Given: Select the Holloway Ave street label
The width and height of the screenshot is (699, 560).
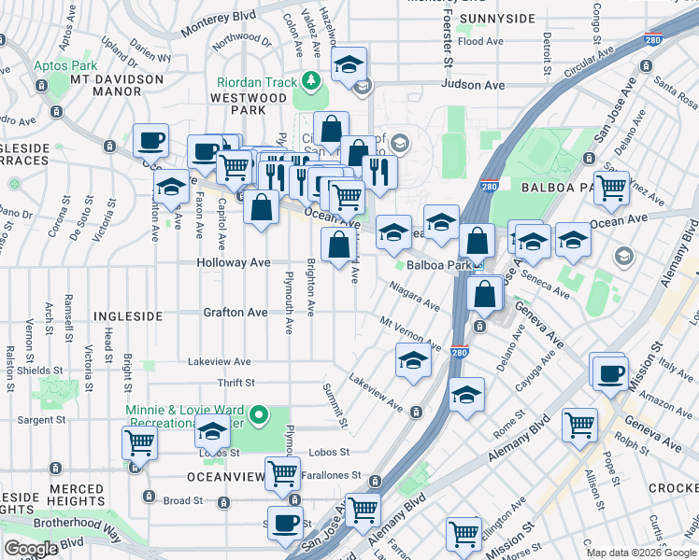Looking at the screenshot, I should (x=234, y=263).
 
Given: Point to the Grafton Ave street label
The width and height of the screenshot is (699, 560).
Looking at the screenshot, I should (x=235, y=313).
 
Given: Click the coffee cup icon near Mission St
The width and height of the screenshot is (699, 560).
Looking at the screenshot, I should (x=610, y=373).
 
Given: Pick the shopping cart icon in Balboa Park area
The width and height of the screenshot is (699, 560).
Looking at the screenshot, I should (x=611, y=187).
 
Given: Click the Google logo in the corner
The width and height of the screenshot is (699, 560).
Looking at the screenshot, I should (x=31, y=549).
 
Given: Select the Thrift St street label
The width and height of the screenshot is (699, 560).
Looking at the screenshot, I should (x=236, y=383).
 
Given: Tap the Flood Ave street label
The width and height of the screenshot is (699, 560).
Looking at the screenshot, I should (x=483, y=42).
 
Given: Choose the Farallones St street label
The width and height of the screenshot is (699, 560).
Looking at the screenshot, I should (x=329, y=476).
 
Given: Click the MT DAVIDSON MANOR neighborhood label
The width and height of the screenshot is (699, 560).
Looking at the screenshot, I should (x=115, y=87).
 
